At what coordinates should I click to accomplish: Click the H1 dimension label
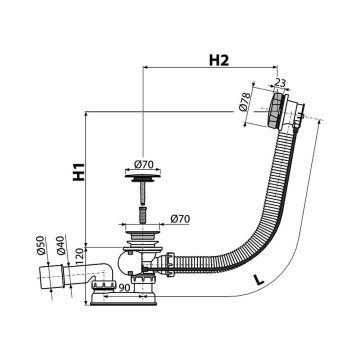coord(79,172)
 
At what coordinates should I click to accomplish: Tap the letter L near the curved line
coord(258,279)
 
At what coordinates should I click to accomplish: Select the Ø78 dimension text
coord(245,102)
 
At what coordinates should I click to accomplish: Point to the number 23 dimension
coord(280,83)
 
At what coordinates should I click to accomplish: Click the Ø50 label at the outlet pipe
coord(41,245)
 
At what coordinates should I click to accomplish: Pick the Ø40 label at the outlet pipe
coord(61,245)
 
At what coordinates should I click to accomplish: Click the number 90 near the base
coord(124,288)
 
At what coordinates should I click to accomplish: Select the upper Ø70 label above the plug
coord(143,164)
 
